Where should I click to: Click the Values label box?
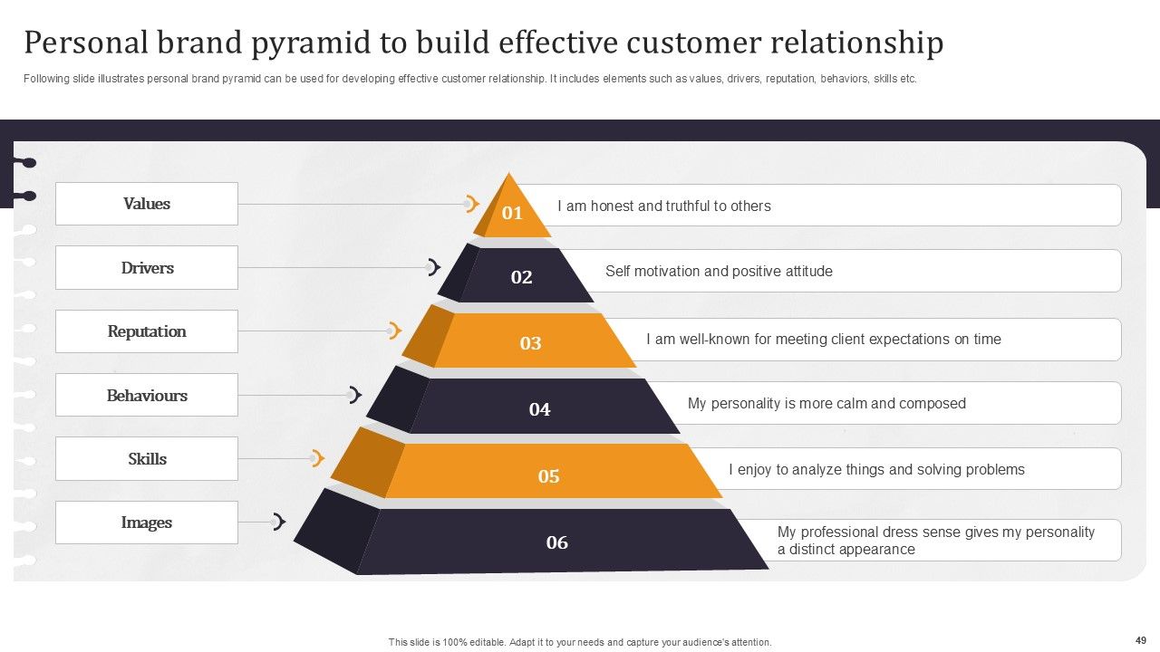(x=147, y=204)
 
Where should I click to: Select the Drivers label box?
(x=147, y=268)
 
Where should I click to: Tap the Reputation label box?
(x=147, y=331)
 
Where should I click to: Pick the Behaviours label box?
(x=147, y=396)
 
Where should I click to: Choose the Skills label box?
(x=147, y=459)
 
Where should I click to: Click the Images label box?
(x=147, y=523)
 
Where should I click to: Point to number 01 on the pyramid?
(x=513, y=214)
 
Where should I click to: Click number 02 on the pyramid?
(x=522, y=277)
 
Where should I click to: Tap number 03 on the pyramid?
(x=531, y=343)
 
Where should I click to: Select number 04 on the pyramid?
(x=540, y=409)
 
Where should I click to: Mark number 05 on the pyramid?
(x=549, y=476)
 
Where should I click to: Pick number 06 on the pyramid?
(x=557, y=542)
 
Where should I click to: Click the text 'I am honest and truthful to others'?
(x=664, y=206)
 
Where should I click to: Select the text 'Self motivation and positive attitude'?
(x=719, y=272)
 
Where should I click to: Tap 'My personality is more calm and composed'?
(x=826, y=404)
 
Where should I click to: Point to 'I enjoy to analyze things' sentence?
(x=876, y=470)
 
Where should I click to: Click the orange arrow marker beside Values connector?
(x=471, y=204)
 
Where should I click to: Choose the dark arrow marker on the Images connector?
(x=279, y=522)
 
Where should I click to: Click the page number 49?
(x=1140, y=640)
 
